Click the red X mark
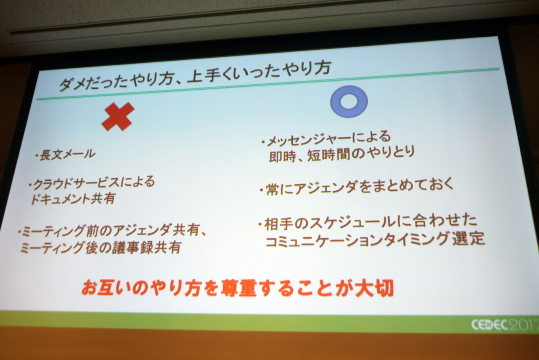point(118,117)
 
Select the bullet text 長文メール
point(67,155)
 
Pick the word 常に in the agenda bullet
point(279,190)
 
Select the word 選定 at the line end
point(468,238)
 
